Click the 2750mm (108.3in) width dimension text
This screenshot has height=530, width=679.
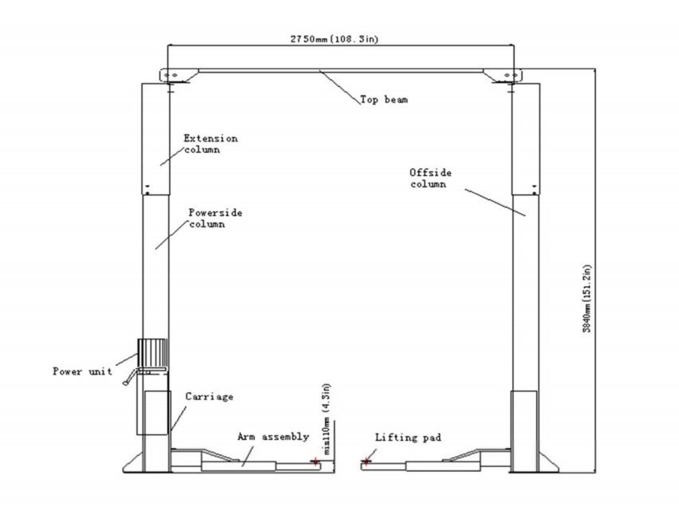pyautogui.click(x=334, y=39)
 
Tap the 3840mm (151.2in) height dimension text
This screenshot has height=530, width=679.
pyautogui.click(x=587, y=298)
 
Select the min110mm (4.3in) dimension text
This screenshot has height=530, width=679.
pyautogui.click(x=327, y=418)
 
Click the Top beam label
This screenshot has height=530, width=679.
pyautogui.click(x=384, y=100)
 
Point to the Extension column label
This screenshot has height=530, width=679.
pyautogui.click(x=210, y=144)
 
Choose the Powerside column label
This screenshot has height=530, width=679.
pyautogui.click(x=215, y=218)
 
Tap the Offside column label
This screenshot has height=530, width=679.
pyautogui.click(x=430, y=178)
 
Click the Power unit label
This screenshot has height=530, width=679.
pyautogui.click(x=82, y=371)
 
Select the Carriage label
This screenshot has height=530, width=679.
pyautogui.click(x=209, y=397)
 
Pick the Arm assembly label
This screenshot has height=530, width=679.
pyautogui.click(x=273, y=437)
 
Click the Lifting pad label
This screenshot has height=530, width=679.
pyautogui.click(x=408, y=438)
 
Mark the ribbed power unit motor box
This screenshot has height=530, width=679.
pyautogui.click(x=152, y=353)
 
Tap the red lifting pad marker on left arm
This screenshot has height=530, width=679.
pyautogui.click(x=316, y=461)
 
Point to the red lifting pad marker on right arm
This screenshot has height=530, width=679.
pyautogui.click(x=367, y=461)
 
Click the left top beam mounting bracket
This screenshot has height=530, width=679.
pyautogui.click(x=179, y=76)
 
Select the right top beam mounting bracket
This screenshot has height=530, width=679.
pyautogui.click(x=503, y=76)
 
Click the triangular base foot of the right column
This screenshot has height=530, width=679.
pyautogui.click(x=547, y=464)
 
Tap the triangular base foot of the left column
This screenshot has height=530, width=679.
pyautogui.click(x=133, y=464)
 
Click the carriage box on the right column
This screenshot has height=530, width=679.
pyautogui.click(x=524, y=431)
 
